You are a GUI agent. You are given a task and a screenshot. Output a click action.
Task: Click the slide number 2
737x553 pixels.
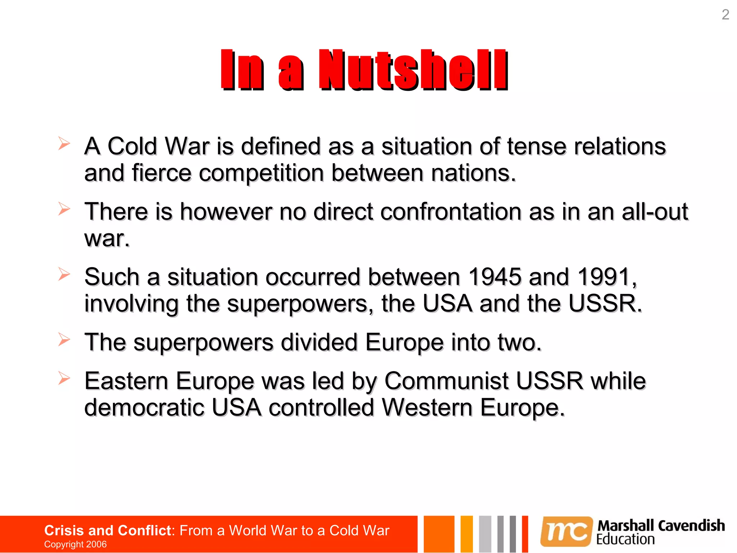click(x=725, y=15)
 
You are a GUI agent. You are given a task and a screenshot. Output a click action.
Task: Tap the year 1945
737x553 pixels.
click(x=495, y=277)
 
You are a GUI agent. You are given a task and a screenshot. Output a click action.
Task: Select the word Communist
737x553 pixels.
click(x=446, y=381)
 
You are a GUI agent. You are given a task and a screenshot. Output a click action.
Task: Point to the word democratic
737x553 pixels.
click(x=144, y=408)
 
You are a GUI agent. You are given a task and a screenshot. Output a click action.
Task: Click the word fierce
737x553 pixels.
click(x=161, y=173)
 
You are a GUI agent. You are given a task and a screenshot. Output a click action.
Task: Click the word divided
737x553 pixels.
click(x=319, y=342)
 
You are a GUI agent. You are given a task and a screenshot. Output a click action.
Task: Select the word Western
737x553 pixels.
click(x=427, y=408)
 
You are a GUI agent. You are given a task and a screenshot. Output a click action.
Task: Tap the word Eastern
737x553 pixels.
click(x=126, y=381)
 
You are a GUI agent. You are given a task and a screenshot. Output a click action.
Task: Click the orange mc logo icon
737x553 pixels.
click(x=566, y=531)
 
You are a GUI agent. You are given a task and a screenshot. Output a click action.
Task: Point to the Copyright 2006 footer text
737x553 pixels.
click(x=75, y=544)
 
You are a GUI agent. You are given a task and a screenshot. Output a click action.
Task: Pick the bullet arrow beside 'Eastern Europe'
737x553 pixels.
click(x=64, y=378)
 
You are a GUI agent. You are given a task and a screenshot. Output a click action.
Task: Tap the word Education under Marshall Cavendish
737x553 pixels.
click(x=625, y=539)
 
